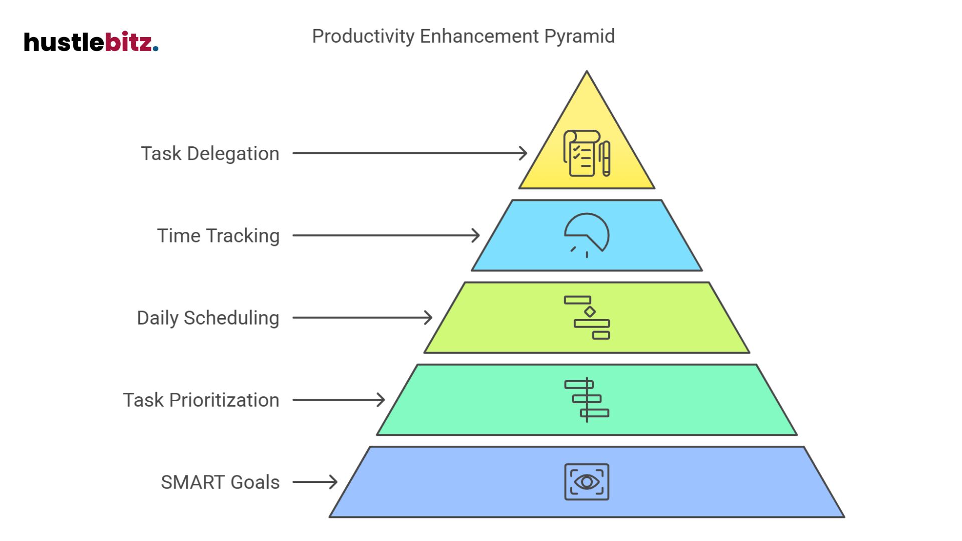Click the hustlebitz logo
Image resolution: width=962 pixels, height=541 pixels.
[91, 42]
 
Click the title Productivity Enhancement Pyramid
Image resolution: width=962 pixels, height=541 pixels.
[463, 36]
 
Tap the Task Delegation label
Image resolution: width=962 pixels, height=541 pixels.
[210, 153]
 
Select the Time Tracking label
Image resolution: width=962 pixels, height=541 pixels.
[218, 235]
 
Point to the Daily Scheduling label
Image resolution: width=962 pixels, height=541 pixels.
[208, 318]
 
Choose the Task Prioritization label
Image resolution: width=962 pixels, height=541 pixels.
[201, 400]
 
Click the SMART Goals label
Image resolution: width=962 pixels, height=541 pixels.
[220, 482]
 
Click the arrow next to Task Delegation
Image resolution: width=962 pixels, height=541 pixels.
[409, 153]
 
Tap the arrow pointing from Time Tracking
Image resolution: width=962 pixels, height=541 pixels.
[386, 235]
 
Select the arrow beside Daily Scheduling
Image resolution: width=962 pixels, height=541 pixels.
[362, 318]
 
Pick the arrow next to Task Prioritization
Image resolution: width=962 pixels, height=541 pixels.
[338, 400]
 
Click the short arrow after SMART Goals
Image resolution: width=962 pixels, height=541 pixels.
[315, 482]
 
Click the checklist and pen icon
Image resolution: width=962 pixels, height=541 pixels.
[587, 153]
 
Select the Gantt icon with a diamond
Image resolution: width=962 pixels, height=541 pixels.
[587, 318]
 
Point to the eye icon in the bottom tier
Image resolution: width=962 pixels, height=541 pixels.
[587, 482]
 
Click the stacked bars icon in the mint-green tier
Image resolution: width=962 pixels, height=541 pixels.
[587, 400]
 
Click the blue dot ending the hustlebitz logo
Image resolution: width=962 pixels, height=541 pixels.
[156, 49]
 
